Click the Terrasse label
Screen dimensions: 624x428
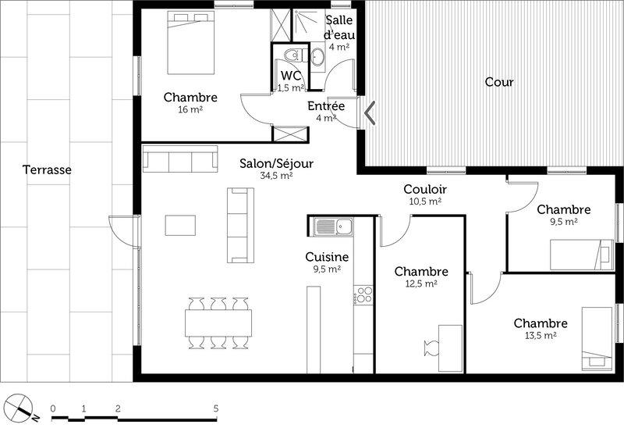coord(47,169)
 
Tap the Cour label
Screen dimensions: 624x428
coord(499,82)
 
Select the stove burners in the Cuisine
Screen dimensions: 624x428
coord(363,295)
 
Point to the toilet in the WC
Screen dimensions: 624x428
coord(296,55)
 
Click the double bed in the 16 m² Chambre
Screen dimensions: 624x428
coord(191,43)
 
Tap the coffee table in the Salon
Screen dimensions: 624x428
coord(180,225)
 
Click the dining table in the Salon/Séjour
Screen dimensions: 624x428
coord(218,323)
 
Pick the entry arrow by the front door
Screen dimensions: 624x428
coord(370,112)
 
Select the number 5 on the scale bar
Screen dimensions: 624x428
coord(216,408)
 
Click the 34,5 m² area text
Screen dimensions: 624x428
coord(276,176)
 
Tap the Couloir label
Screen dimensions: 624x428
coord(425,189)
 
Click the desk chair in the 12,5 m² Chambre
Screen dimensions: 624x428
coord(431,348)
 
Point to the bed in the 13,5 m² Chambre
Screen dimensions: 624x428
coord(597,339)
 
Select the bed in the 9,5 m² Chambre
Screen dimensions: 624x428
coord(582,255)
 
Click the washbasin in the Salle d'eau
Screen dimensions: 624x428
coord(317,56)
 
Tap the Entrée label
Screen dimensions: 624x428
coord(326,106)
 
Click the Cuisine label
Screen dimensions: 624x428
coord(327,257)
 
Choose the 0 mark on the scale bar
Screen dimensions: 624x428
coord(53,408)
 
